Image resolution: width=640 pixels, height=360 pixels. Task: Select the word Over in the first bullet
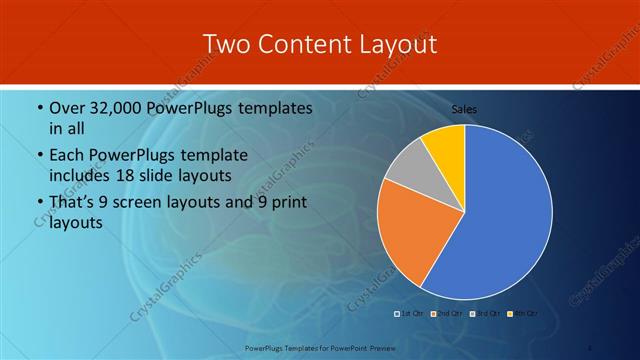tap(67, 108)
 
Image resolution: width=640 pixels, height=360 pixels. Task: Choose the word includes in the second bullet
tap(83, 177)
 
